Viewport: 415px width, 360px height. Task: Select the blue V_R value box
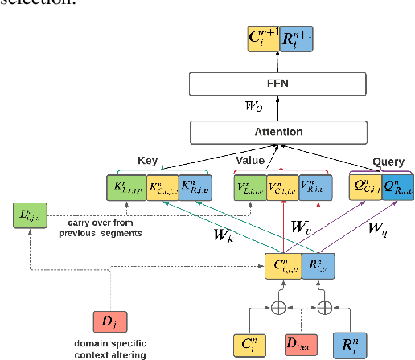coord(314,187)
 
